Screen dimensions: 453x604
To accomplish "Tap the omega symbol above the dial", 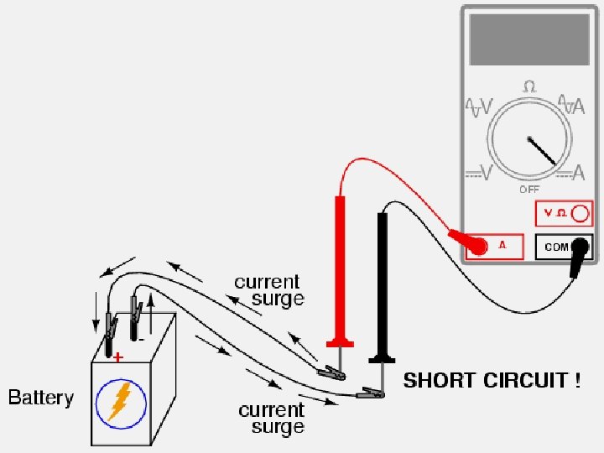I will (x=529, y=86).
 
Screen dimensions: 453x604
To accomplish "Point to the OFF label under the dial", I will (x=529, y=190).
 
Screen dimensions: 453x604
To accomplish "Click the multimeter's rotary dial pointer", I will (x=541, y=150).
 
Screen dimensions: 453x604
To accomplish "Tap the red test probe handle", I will (x=341, y=268).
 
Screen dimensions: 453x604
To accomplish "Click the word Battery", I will (x=41, y=398).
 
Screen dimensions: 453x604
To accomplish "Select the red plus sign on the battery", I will (x=117, y=357).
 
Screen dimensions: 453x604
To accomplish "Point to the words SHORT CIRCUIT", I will (x=492, y=381).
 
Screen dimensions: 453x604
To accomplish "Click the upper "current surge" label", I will (x=268, y=290).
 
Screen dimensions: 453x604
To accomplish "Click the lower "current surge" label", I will (x=272, y=418).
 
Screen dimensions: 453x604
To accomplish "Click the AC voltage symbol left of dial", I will (x=479, y=108).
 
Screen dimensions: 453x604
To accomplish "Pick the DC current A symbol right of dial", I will (x=571, y=173).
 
